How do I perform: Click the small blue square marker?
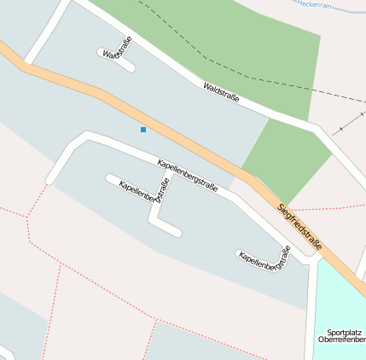point(143,130)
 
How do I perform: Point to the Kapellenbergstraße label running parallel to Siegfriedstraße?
point(188,175)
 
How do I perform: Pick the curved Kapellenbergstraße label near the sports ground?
point(265,258)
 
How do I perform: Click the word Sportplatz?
point(344,332)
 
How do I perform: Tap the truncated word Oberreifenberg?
point(342,340)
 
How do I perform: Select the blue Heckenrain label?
point(314,4)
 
